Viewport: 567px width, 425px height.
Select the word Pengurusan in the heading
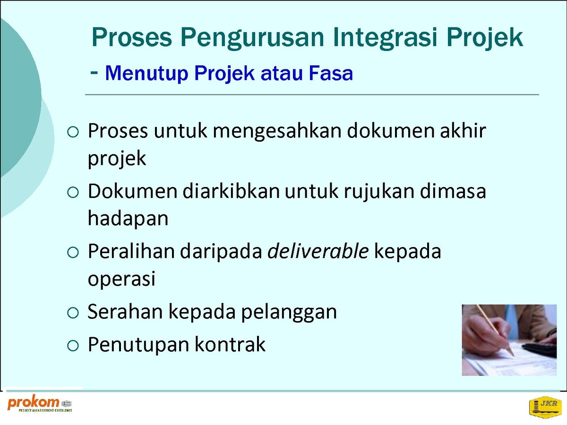(252, 37)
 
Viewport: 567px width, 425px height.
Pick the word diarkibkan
(231, 191)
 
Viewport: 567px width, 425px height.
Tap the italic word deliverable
(318, 251)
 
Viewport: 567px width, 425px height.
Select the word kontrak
(230, 344)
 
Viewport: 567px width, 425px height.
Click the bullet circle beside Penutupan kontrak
(73, 346)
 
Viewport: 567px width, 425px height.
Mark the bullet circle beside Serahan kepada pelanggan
(73, 313)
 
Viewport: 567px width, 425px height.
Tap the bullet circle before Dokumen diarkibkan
(73, 193)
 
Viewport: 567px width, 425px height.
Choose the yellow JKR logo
(545, 407)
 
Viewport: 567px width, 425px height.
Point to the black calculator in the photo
(540, 349)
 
